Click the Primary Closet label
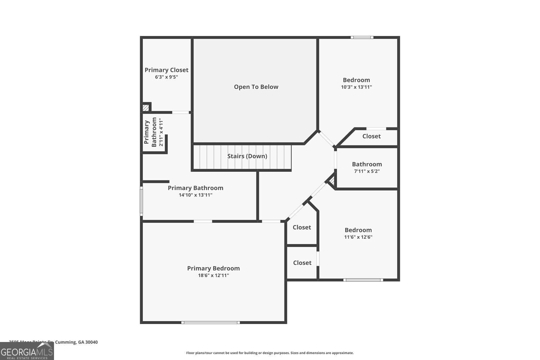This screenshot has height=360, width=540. coord(166,70)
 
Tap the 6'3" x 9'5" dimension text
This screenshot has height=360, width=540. coord(166,77)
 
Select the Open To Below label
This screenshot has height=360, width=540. coord(256,87)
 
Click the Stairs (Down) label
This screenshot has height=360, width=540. coord(247,156)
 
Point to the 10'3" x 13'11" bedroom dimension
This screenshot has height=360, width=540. coord(356,87)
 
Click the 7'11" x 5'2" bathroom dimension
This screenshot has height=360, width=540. coord(367,171)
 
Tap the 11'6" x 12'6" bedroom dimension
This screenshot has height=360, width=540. coord(358,237)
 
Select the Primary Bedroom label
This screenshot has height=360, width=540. coord(213,268)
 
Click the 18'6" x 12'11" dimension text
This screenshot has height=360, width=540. coord(213,275)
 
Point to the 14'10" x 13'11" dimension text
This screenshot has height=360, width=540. coord(195,195)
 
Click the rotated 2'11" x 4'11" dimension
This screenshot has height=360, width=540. coord(161,132)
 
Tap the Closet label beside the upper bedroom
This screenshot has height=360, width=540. coord(371,136)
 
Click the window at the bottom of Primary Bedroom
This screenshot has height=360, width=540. coord(211,323)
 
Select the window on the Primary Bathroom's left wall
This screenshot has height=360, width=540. coord(141,201)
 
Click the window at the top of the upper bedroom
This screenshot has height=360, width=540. coord(362,37)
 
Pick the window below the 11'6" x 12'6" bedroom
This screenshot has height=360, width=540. coord(363,280)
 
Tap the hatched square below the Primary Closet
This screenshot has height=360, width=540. coord(146,107)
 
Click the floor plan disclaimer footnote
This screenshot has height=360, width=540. coord(270,353)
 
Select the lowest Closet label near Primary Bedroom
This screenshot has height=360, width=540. coord(302,263)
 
